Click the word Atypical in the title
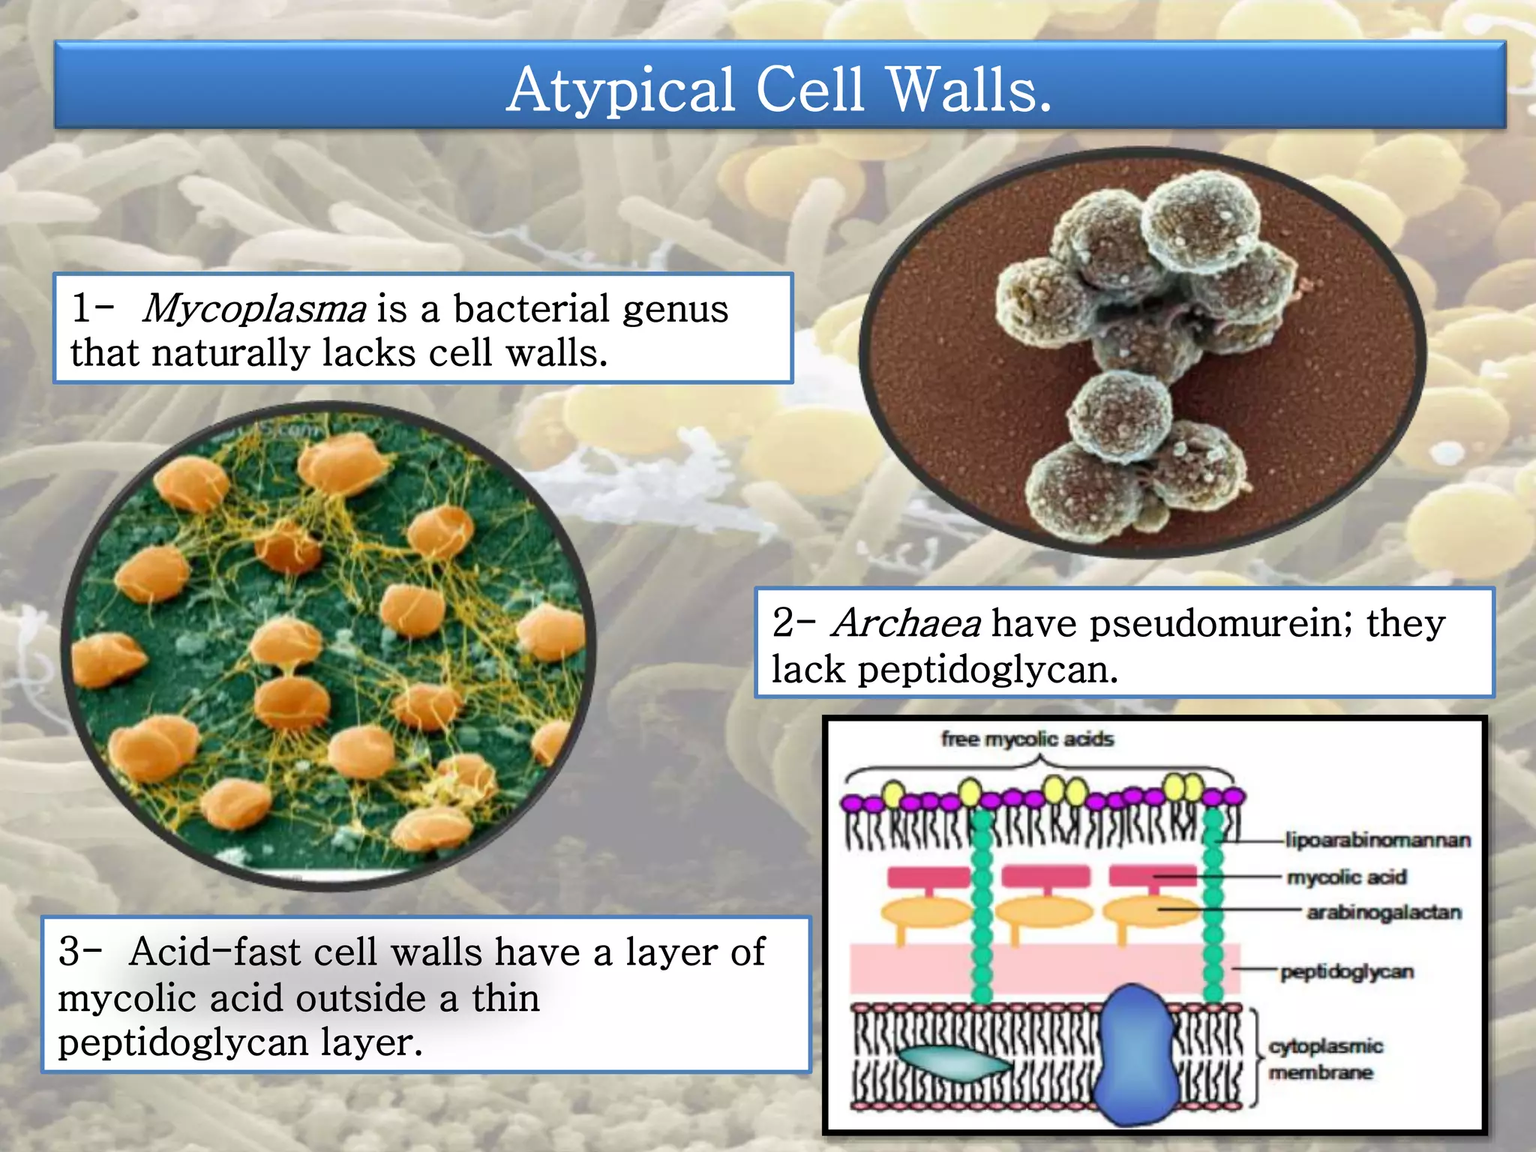pyautogui.click(x=620, y=90)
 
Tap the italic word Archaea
pyautogui.click(x=906, y=623)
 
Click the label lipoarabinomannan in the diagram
pyautogui.click(x=1378, y=840)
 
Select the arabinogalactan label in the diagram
pyautogui.click(x=1384, y=912)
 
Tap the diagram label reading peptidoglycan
pyautogui.click(x=1347, y=972)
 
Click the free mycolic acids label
pyautogui.click(x=1027, y=739)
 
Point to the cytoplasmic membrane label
pyautogui.click(x=1325, y=1059)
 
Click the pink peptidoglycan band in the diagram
pyautogui.click(x=915, y=969)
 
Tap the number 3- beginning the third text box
pyautogui.click(x=79, y=952)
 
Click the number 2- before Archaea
pyautogui.click(x=793, y=623)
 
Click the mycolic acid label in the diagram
pyautogui.click(x=1346, y=877)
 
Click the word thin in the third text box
pyautogui.click(x=505, y=999)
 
